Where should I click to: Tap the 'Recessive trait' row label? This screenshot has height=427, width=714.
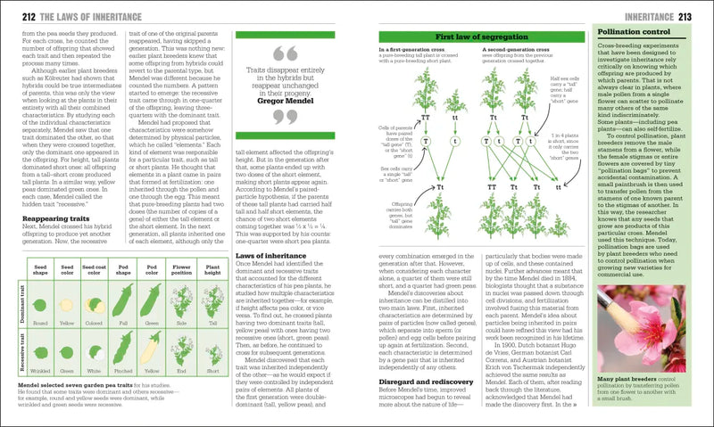point(12,352)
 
